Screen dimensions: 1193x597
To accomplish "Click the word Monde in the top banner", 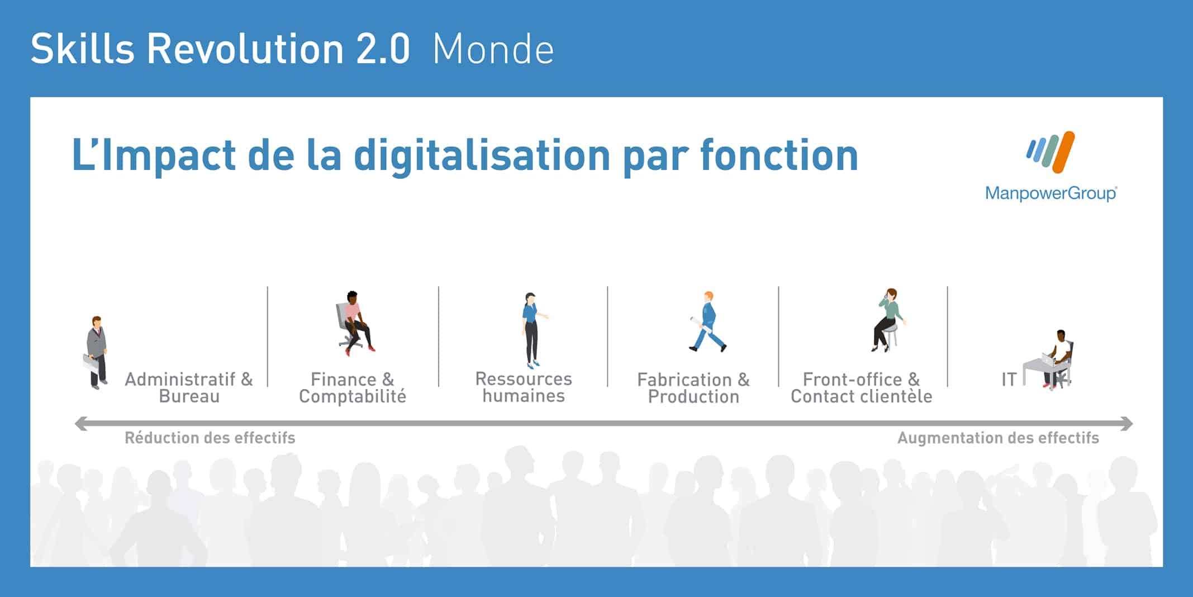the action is pos(493,49).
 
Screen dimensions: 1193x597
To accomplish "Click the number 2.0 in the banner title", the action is pos(383,49).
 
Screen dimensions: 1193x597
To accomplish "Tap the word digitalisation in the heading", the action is pos(482,155).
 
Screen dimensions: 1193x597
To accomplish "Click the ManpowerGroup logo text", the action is pos(1051,193).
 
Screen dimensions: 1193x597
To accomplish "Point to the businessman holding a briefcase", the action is pos(96,353).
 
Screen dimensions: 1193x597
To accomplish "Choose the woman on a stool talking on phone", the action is pos(888,320).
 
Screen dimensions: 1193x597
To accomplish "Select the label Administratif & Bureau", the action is pos(189,388).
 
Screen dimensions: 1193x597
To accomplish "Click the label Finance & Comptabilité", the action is pos(353,388).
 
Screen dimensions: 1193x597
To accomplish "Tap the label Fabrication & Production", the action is pos(693,388).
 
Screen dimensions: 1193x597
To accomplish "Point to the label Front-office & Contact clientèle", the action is pos(861,388).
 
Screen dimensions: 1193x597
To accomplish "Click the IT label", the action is pos(1009,380).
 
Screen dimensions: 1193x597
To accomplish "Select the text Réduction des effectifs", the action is pos(210,438).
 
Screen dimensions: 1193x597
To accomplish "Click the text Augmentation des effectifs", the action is pos(998,438).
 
